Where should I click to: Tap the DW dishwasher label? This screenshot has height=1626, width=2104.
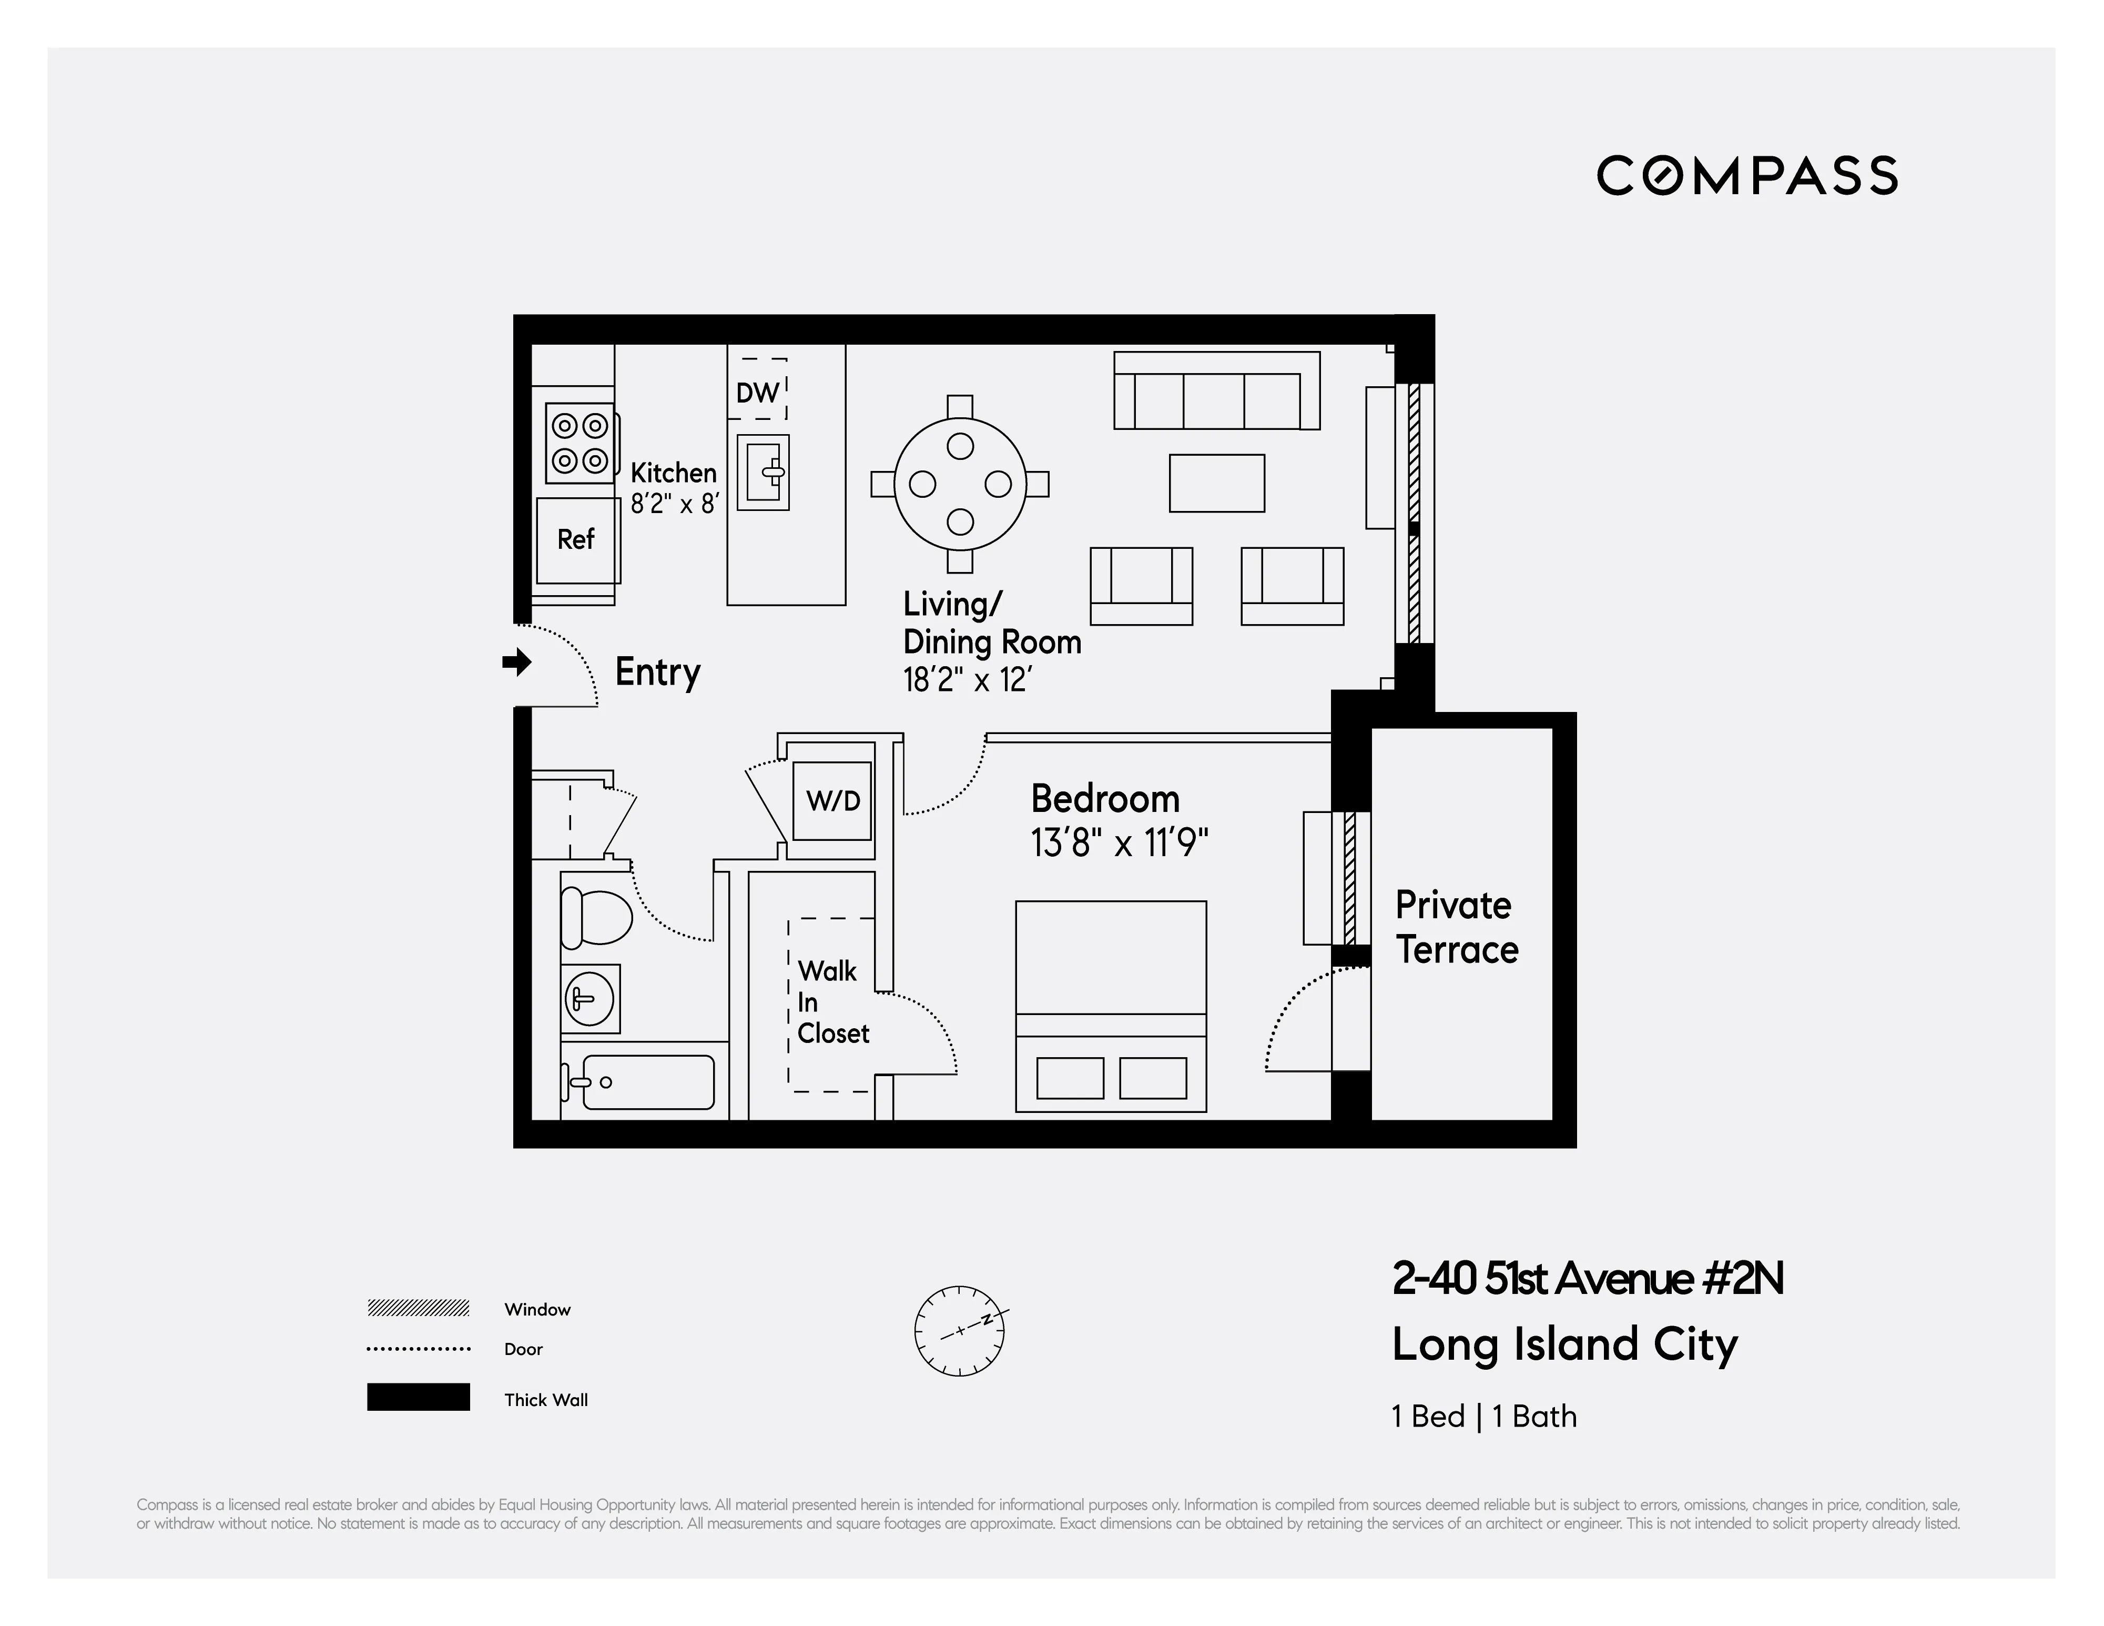757,392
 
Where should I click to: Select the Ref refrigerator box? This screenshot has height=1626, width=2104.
576,540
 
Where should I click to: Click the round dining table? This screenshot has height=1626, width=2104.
960,484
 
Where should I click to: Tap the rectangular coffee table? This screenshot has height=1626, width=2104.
1217,484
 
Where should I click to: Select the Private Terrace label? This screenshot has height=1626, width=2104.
1457,927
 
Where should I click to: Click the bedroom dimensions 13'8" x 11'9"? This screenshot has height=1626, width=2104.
1119,844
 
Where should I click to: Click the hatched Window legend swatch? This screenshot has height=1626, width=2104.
418,1308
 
